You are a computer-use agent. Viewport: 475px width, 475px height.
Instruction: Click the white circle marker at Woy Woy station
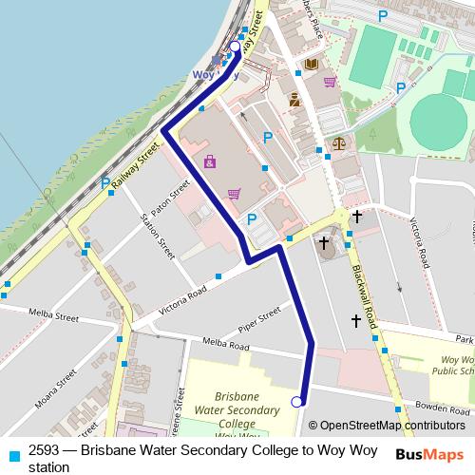(236, 45)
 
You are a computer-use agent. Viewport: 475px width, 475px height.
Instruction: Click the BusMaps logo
(429, 454)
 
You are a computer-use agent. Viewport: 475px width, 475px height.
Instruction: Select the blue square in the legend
(11, 454)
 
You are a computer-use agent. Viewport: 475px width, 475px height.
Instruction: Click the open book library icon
(311, 64)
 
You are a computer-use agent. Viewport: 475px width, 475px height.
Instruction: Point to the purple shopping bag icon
(209, 162)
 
